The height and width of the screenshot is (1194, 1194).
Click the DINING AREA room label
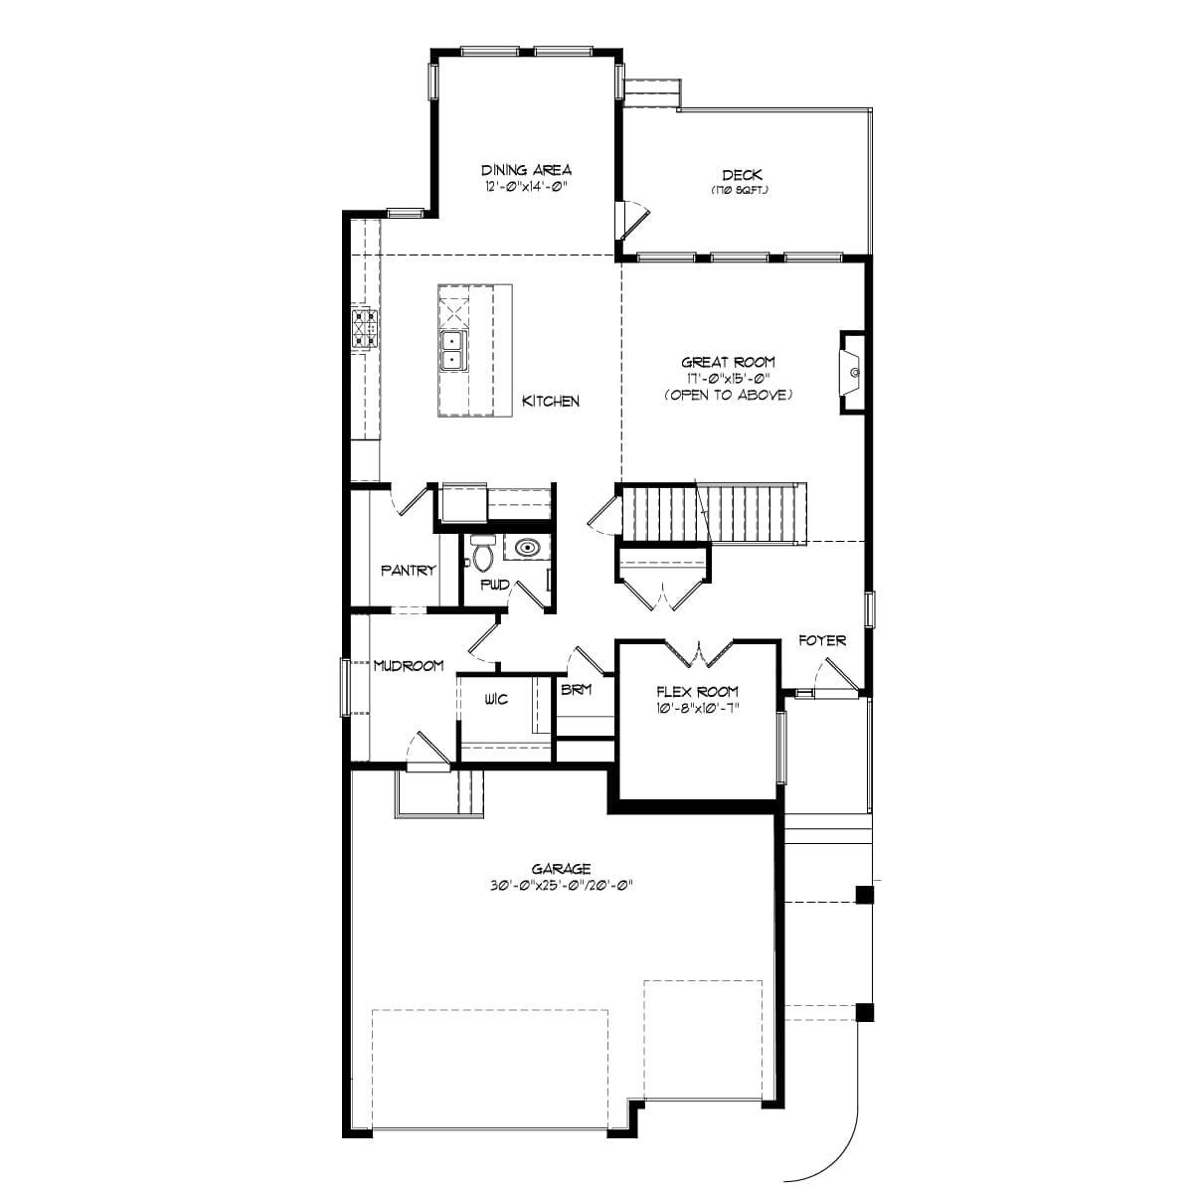pos(526,170)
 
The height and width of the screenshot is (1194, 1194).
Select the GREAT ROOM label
pos(728,363)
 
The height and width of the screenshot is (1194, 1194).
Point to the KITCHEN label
pos(551,401)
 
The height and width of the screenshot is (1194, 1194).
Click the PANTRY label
pos(408,571)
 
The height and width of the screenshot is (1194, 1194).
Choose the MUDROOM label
pos(408,666)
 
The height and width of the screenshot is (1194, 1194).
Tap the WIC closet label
pos(496,700)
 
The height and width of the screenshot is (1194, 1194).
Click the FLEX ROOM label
pos(697,692)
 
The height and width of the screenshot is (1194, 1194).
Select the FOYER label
pos(822,640)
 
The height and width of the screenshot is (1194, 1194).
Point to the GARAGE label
pos(561,869)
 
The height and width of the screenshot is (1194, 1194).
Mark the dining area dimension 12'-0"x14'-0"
pos(526,186)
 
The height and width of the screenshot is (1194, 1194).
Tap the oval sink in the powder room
pos(526,547)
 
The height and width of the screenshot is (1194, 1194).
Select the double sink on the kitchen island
pos(452,349)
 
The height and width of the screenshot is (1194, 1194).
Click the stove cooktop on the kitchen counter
pos(365,327)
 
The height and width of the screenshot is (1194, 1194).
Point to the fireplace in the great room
pos(851,371)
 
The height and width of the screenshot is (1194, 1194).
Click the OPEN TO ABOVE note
pos(728,395)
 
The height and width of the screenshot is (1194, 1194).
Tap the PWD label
pos(495,585)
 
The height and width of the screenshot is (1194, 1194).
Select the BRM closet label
pos(577,689)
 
